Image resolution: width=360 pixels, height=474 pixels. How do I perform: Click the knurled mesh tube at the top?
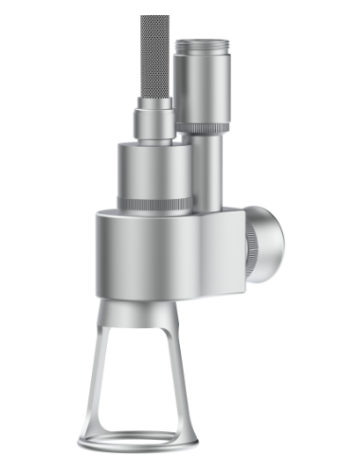pos(155,57)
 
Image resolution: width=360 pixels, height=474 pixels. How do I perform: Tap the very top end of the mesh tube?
pos(155,17)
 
